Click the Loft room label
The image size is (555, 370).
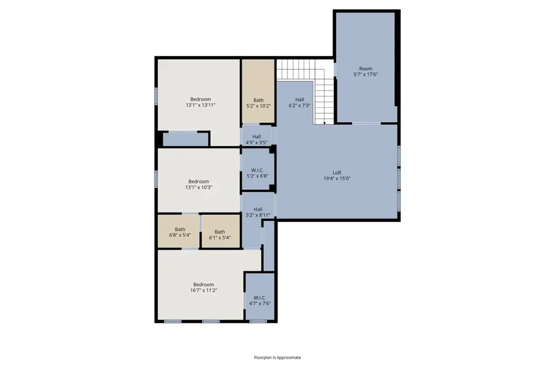337,173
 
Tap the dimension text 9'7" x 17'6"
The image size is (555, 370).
365,74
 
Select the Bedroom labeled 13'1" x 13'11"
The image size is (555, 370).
200,102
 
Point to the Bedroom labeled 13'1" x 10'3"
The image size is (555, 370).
199,184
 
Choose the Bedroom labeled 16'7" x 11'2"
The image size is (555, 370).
203,287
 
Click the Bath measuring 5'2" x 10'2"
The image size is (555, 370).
258,103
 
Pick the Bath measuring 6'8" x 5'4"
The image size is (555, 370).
180,232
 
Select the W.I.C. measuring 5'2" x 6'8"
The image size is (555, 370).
258,173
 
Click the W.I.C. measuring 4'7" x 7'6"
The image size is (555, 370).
260,300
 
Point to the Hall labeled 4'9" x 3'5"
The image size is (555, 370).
257,139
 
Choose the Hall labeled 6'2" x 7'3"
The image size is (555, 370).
299,102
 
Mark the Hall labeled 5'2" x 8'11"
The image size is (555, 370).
258,212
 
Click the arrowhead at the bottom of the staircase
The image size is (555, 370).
324,123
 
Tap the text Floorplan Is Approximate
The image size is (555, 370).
277,357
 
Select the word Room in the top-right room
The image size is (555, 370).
366,68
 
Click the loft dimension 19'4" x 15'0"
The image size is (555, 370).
337,179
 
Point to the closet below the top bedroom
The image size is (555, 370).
185,139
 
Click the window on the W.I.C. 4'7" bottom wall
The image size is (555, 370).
258,321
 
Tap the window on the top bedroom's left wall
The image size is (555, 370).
156,96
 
